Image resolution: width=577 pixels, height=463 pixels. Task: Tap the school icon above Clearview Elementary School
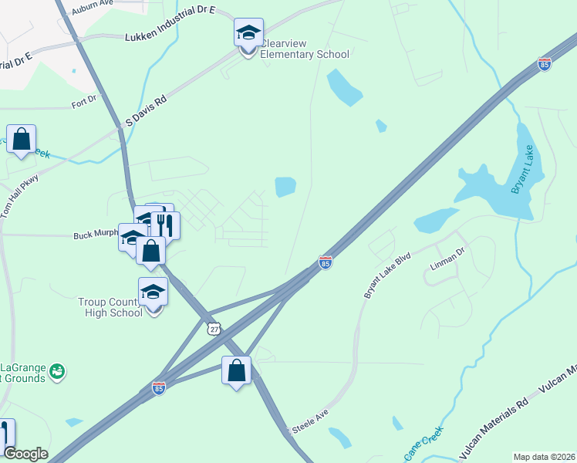point(248,33)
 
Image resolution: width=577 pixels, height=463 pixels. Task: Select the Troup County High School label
point(110,307)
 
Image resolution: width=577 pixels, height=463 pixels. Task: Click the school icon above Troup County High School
point(153,292)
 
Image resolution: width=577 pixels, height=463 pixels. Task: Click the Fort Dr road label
point(84,100)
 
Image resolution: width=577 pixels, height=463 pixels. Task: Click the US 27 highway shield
point(214,329)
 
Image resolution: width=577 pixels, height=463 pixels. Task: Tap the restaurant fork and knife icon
point(164,225)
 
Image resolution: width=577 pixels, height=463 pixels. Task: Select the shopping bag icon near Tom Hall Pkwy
point(21,140)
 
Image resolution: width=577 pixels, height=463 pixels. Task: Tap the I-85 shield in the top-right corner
point(545,65)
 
